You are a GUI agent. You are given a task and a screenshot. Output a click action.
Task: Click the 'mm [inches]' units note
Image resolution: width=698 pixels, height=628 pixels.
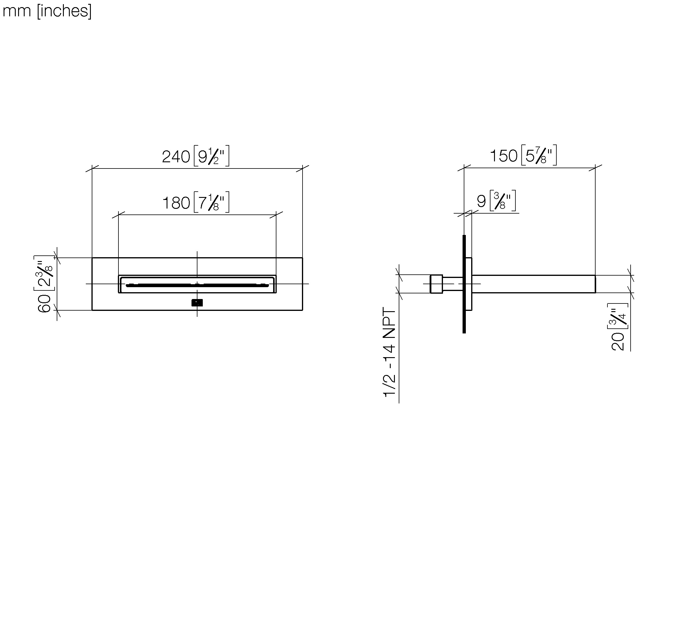tap(47, 11)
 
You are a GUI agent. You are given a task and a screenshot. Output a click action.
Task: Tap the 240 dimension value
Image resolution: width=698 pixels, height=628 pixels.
tap(176, 157)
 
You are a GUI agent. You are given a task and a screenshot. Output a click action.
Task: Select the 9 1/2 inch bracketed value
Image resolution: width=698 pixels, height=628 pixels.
tap(211, 156)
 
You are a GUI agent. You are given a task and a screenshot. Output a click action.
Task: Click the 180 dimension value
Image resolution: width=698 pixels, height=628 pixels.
tap(176, 203)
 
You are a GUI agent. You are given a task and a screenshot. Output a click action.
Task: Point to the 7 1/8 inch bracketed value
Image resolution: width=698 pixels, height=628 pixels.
tap(211, 202)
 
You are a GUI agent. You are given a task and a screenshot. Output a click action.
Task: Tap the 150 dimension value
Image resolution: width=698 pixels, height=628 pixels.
tap(504, 156)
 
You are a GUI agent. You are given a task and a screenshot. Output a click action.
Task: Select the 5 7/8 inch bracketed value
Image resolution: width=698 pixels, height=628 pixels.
tap(539, 155)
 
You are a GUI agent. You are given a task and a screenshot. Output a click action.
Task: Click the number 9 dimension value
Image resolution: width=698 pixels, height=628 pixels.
tap(481, 201)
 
